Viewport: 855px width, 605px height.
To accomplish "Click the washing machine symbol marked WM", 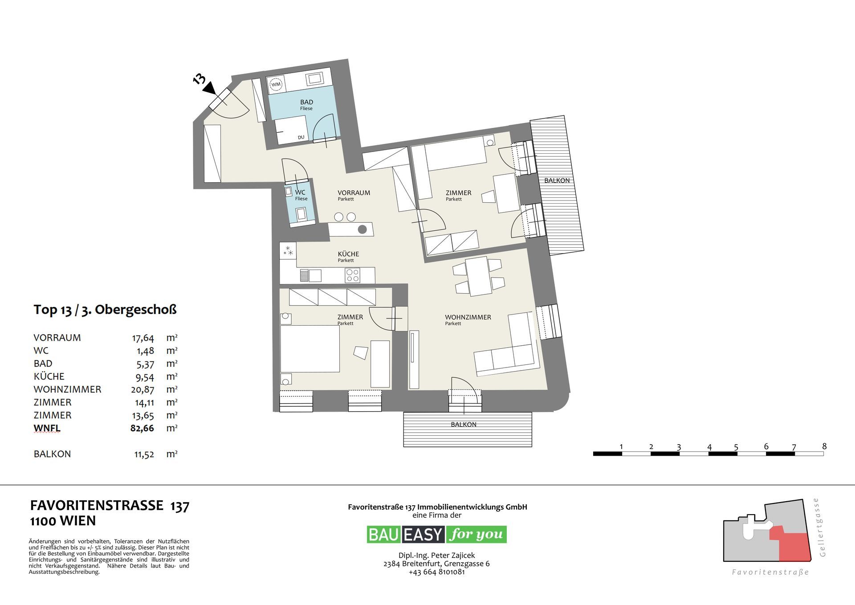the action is point(276,84).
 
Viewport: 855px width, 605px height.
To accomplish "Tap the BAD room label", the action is point(306,102).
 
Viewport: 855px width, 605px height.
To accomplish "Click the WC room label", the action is point(300,192).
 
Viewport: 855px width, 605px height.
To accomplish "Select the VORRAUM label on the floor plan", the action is point(354,193).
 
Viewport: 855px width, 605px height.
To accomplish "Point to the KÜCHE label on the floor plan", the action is point(348,254).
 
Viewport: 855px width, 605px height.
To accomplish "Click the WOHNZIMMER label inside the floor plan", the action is point(468,317).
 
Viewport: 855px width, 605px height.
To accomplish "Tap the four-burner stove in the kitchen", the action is point(353,275).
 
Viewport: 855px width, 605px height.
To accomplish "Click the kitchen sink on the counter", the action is point(311,275).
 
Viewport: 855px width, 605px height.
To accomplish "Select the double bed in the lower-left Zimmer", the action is point(309,349).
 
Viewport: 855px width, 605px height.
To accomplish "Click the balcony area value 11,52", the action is point(144,454).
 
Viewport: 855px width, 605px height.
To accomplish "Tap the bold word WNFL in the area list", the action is point(47,429).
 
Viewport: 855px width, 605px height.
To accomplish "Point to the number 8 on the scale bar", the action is point(824,446).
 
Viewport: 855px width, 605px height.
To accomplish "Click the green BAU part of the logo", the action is point(384,534).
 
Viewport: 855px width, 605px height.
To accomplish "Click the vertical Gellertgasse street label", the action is point(822,527).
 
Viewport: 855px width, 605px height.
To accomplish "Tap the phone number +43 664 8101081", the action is point(436,572).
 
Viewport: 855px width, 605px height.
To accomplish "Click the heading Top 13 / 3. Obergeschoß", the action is point(105,310).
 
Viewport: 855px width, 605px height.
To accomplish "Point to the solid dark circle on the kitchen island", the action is point(362,229).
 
